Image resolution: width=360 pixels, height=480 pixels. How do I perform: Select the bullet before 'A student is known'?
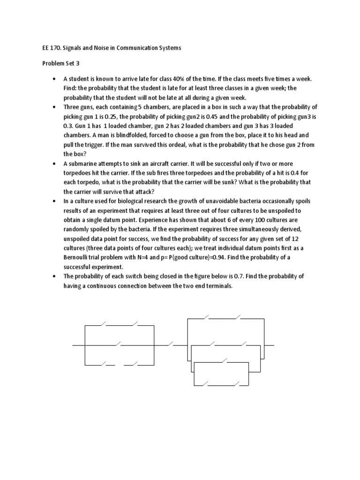tap(55, 79)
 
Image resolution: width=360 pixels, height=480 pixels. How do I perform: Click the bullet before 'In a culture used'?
tap(55, 202)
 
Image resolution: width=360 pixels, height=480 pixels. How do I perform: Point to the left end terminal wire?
tap(78, 346)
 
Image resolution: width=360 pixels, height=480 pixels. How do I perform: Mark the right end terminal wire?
tap(270, 346)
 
